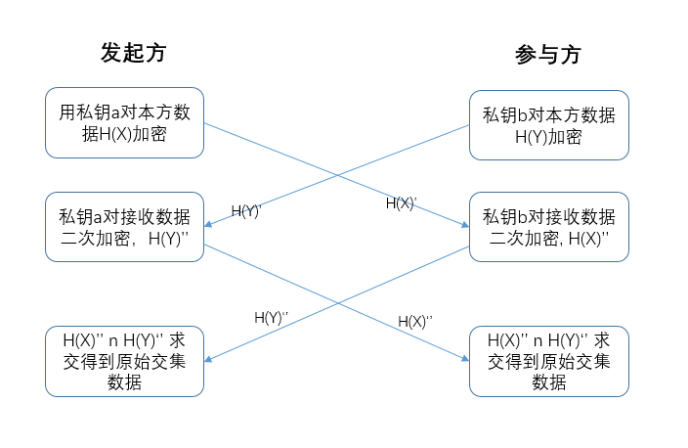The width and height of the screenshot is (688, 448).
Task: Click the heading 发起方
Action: (133, 53)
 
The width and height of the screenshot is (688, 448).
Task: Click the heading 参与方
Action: (548, 55)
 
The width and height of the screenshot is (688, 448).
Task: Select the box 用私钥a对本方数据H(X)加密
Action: (125, 122)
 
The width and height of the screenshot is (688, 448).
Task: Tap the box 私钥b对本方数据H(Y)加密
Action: (549, 125)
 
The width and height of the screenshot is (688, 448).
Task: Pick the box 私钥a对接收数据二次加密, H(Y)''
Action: (125, 227)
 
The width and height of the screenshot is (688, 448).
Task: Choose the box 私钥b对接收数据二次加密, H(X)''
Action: (549, 227)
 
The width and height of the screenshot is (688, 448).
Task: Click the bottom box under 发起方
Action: (125, 361)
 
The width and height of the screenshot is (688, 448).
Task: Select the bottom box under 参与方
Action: (549, 361)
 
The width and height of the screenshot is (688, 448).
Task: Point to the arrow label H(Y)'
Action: (246, 211)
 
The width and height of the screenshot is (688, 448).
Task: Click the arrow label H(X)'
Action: (401, 203)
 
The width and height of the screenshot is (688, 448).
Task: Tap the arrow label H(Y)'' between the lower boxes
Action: (271, 318)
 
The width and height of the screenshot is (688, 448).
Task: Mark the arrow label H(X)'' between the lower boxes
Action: (415, 322)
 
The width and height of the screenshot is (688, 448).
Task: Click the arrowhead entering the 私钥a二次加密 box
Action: (208, 224)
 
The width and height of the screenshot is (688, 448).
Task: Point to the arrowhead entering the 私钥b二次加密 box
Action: (465, 225)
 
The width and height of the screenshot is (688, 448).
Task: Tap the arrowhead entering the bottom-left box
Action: (208, 359)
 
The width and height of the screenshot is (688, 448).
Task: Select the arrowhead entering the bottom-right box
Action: (465, 359)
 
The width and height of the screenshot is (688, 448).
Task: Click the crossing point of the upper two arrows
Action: (337, 175)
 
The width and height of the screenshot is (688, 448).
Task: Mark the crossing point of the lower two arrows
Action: (337, 303)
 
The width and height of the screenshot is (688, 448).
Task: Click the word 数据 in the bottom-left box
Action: (125, 382)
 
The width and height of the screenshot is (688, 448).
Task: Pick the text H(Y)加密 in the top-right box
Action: (548, 137)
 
